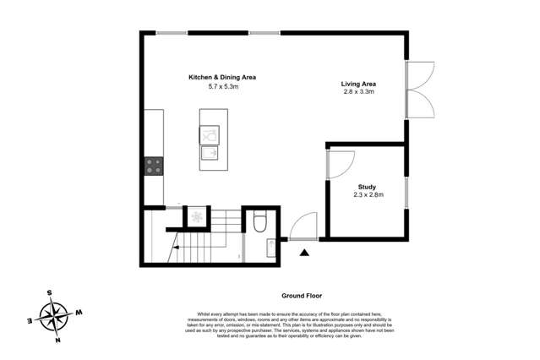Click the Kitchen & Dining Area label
(221, 77)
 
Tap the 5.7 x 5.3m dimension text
(221, 86)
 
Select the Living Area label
(358, 84)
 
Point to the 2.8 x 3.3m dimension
(358, 93)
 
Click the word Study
(368, 187)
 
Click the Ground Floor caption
(303, 296)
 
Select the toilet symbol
(259, 222)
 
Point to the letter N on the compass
(58, 341)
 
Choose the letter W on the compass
(79, 313)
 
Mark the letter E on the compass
(30, 321)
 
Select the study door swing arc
(341, 161)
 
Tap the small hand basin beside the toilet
(270, 248)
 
